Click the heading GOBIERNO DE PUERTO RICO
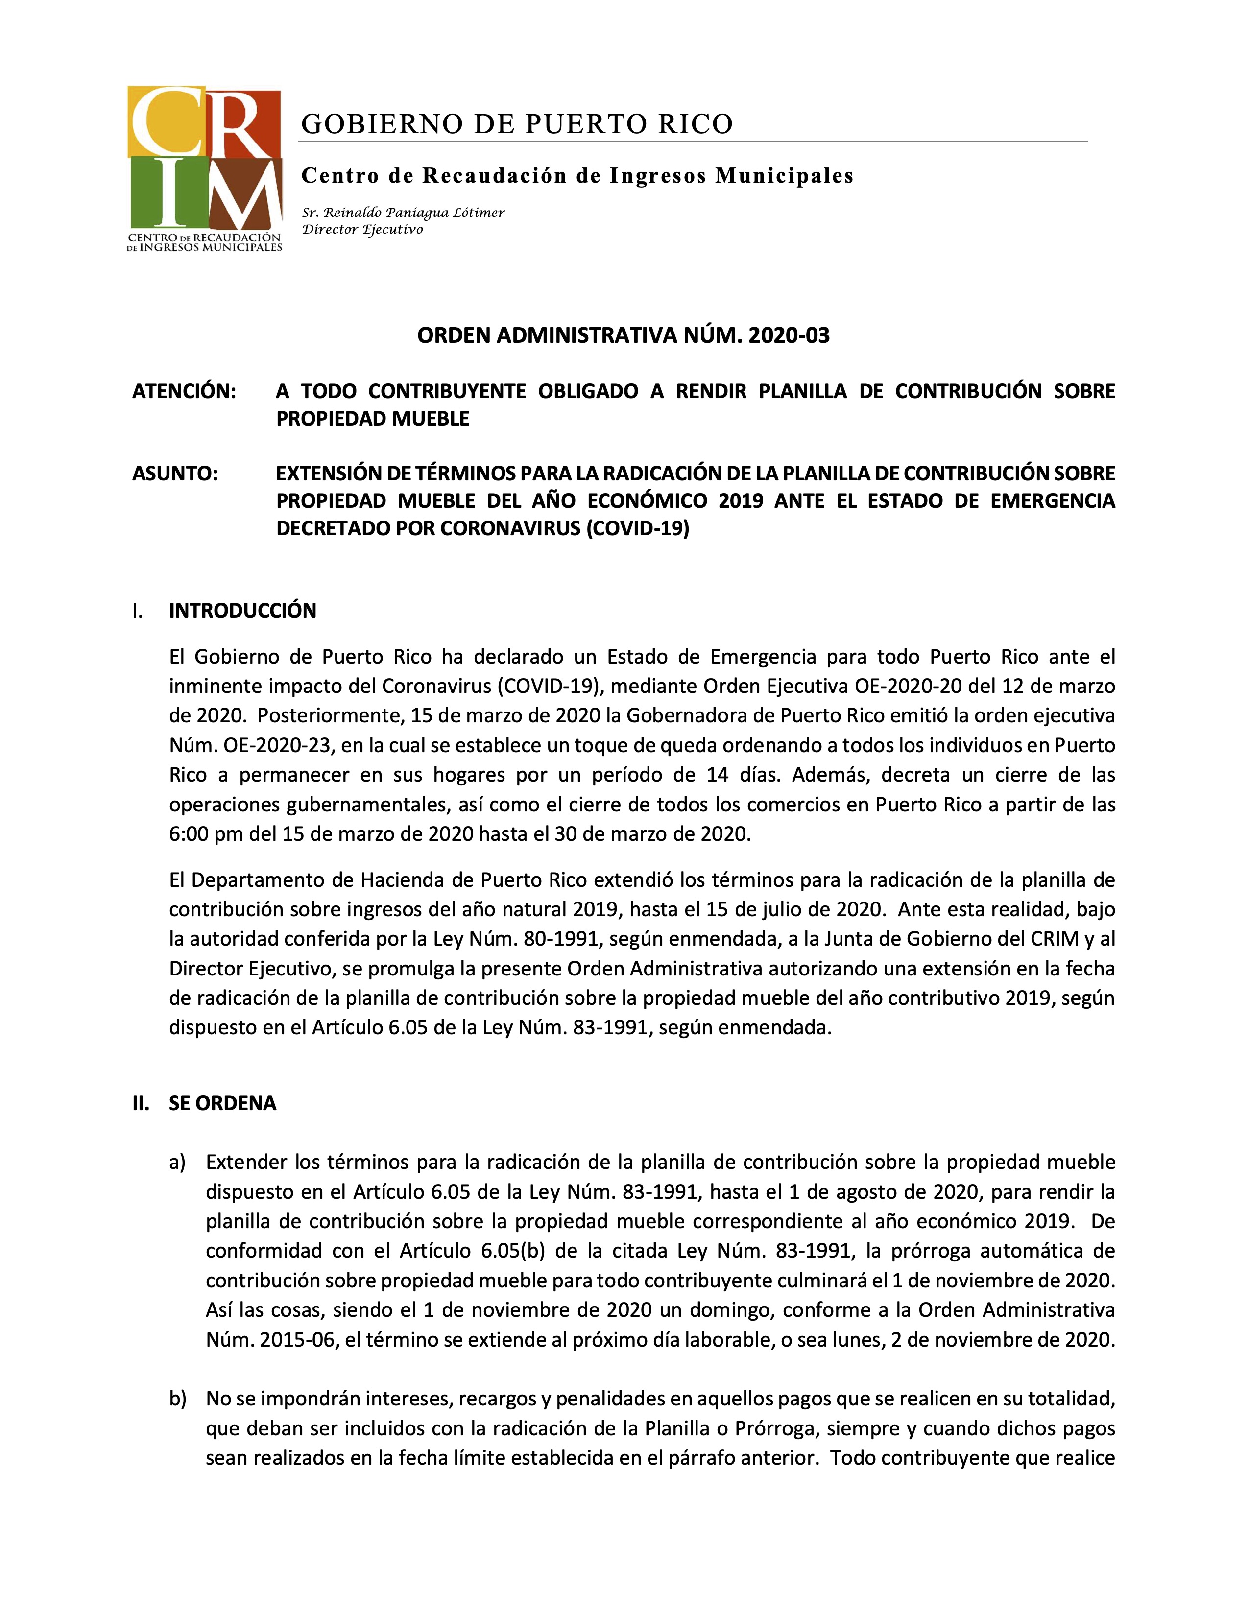click(516, 123)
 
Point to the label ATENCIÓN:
click(184, 391)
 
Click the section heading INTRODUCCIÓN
click(242, 611)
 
